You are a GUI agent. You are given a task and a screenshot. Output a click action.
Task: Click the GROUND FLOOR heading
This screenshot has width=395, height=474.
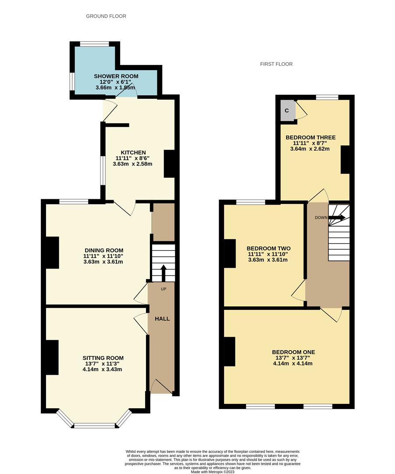click(106, 16)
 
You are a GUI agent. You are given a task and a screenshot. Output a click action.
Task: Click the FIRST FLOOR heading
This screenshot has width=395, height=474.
click(276, 64)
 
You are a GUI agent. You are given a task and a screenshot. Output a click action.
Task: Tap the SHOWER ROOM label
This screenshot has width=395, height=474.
click(116, 76)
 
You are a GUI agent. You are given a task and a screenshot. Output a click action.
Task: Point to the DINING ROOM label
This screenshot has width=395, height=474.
click(103, 251)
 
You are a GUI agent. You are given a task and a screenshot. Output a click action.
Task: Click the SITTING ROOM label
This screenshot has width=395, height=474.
click(103, 358)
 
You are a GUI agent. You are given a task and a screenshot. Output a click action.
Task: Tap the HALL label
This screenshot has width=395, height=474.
click(162, 319)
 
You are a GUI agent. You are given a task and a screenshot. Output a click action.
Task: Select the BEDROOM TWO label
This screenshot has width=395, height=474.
click(268, 248)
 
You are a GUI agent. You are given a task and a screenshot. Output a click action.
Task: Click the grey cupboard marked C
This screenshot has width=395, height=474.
click(287, 111)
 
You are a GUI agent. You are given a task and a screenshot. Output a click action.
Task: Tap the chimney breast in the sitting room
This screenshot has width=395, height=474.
click(52, 357)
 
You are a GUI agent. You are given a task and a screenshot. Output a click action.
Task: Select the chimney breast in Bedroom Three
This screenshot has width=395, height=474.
click(345, 160)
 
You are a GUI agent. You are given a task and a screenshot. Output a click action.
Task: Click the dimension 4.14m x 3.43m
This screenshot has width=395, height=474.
click(103, 369)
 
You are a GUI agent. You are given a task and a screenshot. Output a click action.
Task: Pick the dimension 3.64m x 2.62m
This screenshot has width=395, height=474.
click(310, 149)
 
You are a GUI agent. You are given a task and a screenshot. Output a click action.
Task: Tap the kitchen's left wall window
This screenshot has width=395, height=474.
click(103, 171)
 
